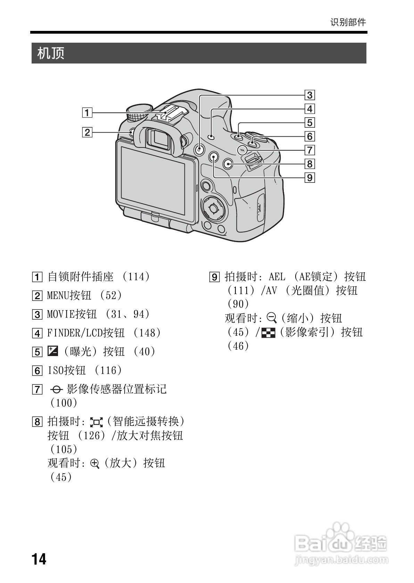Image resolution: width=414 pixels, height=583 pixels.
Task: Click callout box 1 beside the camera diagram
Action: pyautogui.click(x=87, y=112)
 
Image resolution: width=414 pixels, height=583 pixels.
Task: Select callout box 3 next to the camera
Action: pyautogui.click(x=309, y=95)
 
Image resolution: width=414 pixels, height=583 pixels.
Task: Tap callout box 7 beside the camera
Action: pyautogui.click(x=309, y=150)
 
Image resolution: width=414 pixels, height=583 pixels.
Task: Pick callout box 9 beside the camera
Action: pyautogui.click(x=309, y=178)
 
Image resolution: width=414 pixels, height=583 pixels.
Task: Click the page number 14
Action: pyautogui.click(x=39, y=559)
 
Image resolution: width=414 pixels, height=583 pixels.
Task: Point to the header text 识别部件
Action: pyautogui.click(x=348, y=22)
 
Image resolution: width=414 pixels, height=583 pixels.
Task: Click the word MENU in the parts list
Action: pyautogui.click(x=58, y=296)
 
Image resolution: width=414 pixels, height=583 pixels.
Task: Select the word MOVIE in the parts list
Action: pyautogui.click(x=61, y=314)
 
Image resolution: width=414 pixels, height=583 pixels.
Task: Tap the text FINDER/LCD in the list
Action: pyautogui.click(x=75, y=333)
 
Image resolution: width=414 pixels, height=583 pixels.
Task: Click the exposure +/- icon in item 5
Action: pyautogui.click(x=52, y=352)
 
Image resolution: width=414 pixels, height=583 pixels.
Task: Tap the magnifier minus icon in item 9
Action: pyautogui.click(x=272, y=318)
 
